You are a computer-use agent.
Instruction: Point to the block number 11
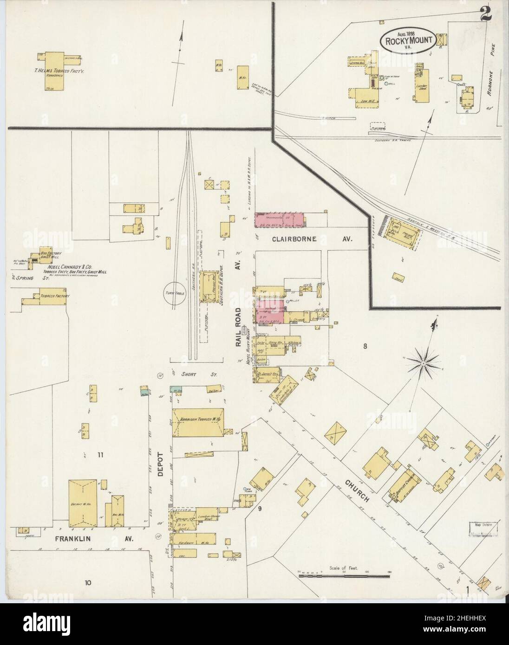coord(100,455)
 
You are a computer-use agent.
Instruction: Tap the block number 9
coord(260,509)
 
